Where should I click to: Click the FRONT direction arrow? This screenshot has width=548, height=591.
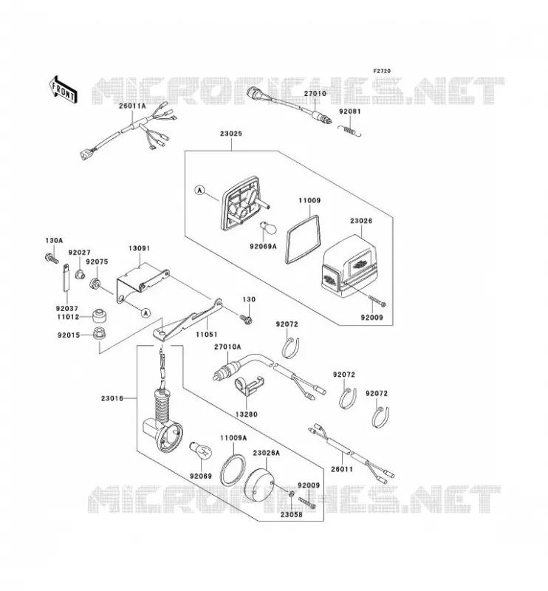[64, 90]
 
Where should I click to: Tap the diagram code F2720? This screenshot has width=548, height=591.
[382, 71]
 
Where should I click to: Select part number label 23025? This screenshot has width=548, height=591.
[231, 134]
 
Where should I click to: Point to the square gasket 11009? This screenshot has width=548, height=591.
[304, 239]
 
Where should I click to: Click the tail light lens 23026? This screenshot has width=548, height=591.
[349, 266]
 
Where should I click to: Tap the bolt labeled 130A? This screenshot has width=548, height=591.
[52, 259]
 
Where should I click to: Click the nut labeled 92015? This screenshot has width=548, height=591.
[100, 334]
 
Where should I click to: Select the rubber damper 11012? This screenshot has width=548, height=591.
[100, 315]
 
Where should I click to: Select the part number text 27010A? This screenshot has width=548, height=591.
[227, 346]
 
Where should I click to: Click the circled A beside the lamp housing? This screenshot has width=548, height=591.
[199, 191]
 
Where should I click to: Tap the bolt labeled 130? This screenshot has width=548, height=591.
[246, 320]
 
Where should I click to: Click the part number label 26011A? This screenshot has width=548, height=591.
[132, 106]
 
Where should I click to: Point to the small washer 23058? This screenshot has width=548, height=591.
[291, 494]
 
